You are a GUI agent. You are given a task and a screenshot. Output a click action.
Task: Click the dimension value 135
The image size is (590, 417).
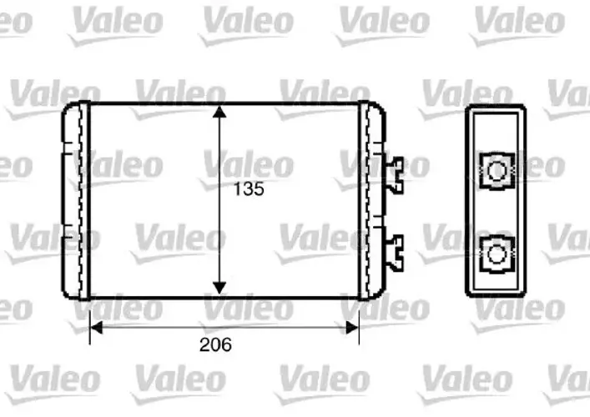249,188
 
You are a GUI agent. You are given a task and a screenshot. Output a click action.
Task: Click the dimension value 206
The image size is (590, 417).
215,344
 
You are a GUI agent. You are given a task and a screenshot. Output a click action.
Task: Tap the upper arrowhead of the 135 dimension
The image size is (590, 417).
219,112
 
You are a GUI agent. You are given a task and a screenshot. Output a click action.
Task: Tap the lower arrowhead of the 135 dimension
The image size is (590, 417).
219,288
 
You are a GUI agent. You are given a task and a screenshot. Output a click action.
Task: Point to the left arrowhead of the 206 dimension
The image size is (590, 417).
97,328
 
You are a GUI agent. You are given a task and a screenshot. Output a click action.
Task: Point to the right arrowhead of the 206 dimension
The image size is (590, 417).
352,328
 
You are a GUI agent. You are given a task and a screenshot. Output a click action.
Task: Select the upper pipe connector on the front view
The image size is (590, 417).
394,175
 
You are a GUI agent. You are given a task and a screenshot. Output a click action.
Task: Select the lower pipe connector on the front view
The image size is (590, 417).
394,253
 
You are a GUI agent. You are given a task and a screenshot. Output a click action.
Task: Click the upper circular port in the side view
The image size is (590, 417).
497,171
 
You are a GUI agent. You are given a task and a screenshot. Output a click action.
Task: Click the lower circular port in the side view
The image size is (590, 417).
497,254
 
